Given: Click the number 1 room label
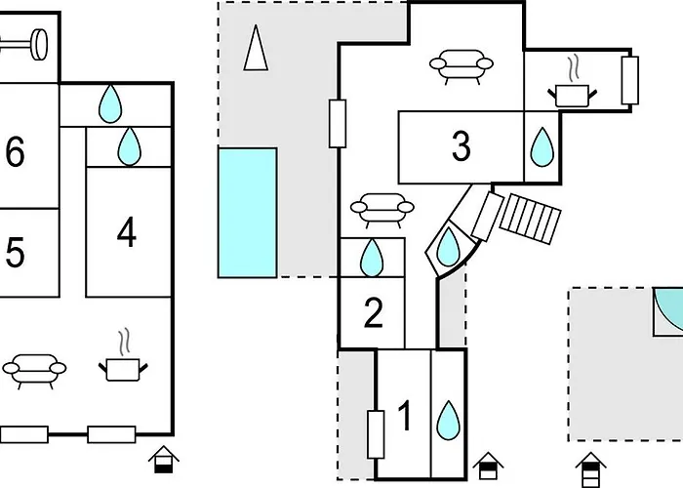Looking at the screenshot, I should [406, 418].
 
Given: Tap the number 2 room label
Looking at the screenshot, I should [373, 314].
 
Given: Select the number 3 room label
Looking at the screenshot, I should [462, 146].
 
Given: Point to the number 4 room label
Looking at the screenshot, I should [126, 233].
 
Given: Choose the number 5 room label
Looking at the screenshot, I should [15, 253].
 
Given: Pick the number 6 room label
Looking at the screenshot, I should [15, 153].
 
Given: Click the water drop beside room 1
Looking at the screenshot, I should [448, 420].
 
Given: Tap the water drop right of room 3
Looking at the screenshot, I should [542, 147].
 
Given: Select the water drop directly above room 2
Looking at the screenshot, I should [372, 258].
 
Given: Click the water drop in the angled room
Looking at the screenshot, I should [447, 248].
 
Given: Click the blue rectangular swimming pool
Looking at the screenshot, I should [247, 212].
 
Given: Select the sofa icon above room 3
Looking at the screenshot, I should [460, 66].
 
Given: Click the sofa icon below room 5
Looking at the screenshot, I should [35, 370].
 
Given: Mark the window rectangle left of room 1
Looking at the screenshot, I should [375, 434].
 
